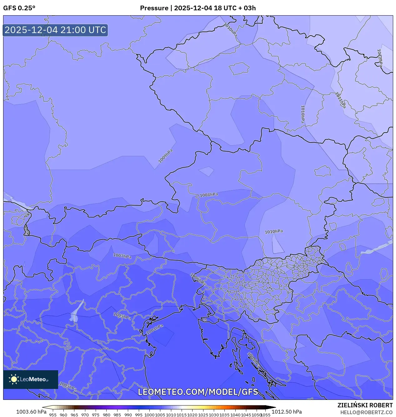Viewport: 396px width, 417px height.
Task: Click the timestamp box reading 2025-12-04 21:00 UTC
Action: click(55, 30)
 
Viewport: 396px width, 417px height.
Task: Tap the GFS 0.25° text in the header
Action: click(19, 8)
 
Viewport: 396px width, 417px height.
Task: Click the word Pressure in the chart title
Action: click(154, 8)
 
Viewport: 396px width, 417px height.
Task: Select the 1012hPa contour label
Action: click(380, 58)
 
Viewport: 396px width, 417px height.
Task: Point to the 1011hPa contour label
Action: click(340, 100)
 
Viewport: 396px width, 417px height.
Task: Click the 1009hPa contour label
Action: click(165, 156)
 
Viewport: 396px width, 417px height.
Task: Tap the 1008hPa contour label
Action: click(209, 195)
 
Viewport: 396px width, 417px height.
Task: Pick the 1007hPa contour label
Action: click(122, 256)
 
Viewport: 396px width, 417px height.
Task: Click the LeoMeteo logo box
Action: click(31, 379)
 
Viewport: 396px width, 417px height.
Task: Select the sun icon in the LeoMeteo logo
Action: click(14, 379)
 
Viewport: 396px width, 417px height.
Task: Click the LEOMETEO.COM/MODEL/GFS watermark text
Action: click(198, 392)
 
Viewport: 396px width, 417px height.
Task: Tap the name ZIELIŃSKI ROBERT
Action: click(365, 405)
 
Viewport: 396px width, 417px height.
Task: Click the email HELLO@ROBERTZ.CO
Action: click(366, 412)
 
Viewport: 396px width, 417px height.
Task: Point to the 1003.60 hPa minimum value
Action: click(31, 412)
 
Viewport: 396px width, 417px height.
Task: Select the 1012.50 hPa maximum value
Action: click(287, 412)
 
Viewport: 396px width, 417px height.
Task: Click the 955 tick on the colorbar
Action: click(53, 415)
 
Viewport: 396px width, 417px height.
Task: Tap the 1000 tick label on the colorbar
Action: click(149, 415)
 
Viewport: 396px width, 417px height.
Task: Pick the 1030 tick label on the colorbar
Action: click(214, 415)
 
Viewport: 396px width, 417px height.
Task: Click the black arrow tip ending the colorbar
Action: click(274, 407)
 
